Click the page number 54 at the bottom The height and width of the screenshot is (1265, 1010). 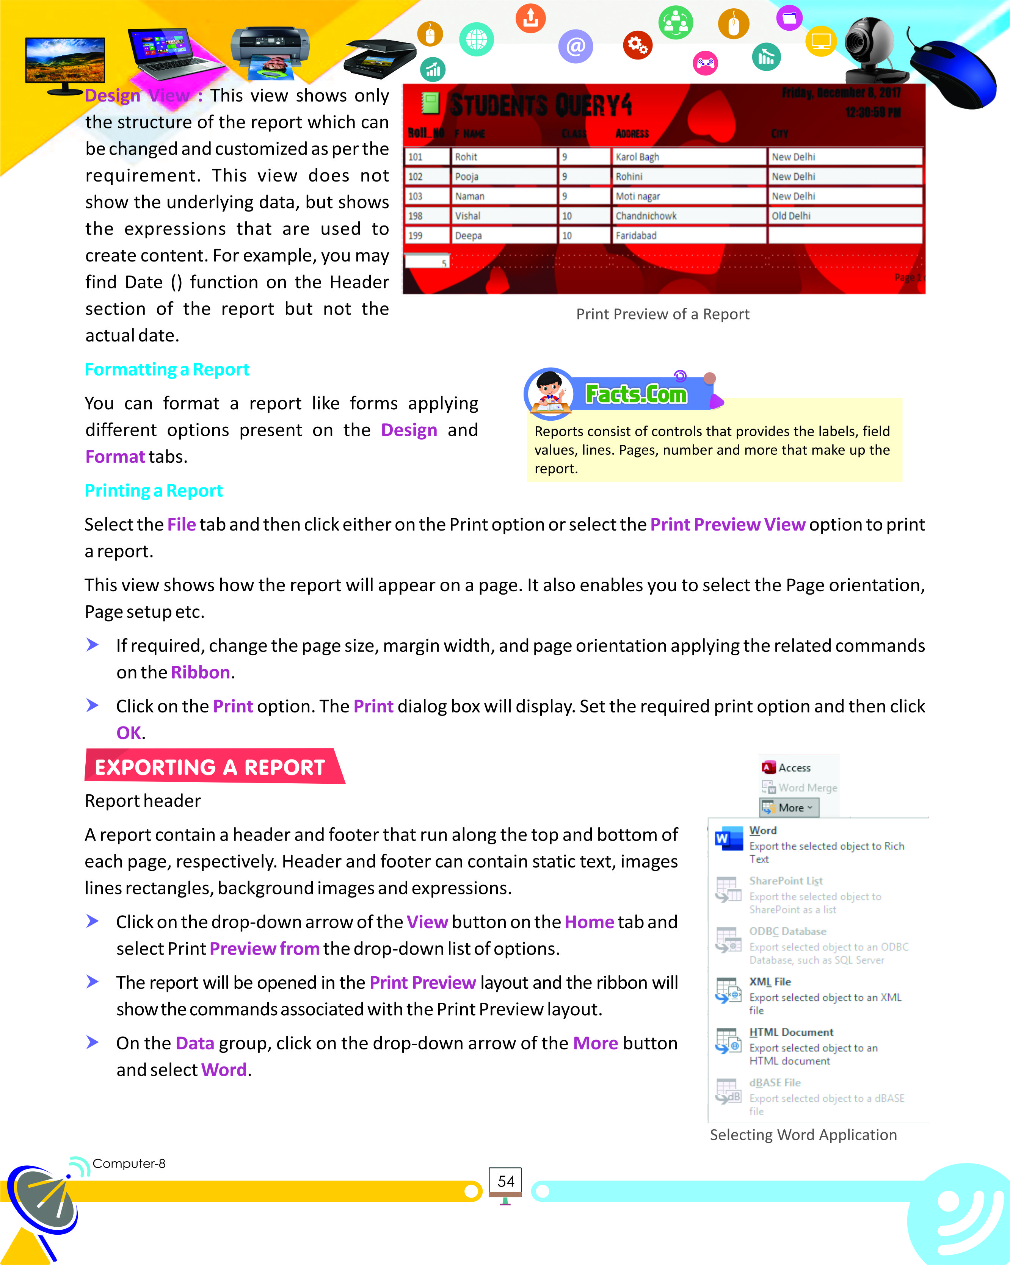pos(505,1181)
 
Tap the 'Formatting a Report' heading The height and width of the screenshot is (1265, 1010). pos(167,369)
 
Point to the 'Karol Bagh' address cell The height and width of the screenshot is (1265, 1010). pos(637,157)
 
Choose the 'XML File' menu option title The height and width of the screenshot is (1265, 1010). pos(770,982)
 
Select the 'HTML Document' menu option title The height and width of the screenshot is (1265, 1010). pos(791,1032)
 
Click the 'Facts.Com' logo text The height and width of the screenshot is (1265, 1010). pos(636,394)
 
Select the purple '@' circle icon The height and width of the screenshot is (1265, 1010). pos(576,46)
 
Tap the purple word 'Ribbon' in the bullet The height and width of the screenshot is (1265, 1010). pos(200,672)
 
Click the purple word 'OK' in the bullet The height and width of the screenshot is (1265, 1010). pos(129,733)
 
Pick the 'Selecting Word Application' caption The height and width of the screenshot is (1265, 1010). pos(803,1135)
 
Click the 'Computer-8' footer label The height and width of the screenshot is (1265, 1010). pos(129,1163)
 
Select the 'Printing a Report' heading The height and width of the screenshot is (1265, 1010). pos(154,490)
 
